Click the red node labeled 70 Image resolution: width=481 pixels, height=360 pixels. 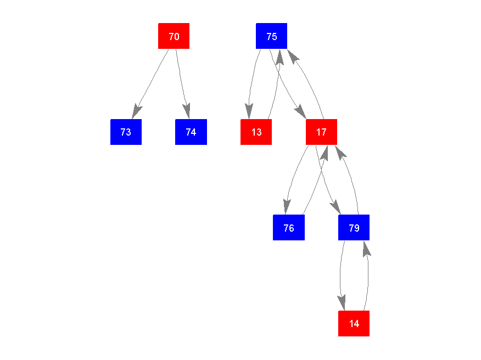pos(174,36)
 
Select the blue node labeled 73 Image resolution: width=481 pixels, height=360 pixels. pos(126,132)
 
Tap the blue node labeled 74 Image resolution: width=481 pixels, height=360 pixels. pos(191,132)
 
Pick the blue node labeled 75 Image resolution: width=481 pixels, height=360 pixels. pos(271,36)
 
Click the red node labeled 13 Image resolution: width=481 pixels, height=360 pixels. pos(256,132)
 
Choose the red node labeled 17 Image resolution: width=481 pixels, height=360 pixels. pos(321,132)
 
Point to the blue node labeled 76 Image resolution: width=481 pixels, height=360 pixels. pos(288,227)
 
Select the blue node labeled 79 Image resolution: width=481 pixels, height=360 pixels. pos(354,227)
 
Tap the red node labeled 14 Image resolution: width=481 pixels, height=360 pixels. pos(354,323)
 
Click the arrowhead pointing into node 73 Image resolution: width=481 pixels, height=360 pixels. pos(136,111)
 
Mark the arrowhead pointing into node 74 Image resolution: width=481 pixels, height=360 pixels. pos(187,111)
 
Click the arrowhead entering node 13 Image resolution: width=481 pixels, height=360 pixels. pos(249,112)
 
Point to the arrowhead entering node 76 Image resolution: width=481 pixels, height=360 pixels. pos(286,207)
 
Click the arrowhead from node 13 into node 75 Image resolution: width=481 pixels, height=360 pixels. pos(279,57)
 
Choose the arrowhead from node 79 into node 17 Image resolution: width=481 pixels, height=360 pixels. pos(339,151)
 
